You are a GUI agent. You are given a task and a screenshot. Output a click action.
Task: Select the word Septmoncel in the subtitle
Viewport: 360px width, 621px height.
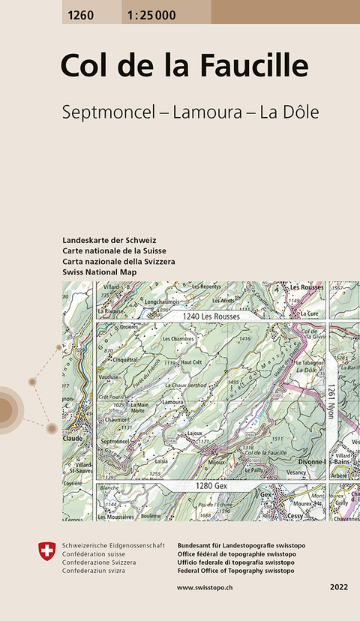click(x=112, y=112)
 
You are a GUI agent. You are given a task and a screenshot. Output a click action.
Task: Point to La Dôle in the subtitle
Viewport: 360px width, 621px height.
click(x=289, y=112)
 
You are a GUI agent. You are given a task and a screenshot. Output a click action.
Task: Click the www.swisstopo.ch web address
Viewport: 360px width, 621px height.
click(x=208, y=587)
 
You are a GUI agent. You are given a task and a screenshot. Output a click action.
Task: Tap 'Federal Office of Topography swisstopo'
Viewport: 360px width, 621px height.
click(x=236, y=571)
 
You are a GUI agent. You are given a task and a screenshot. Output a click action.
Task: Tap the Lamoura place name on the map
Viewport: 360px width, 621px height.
click(x=173, y=403)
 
